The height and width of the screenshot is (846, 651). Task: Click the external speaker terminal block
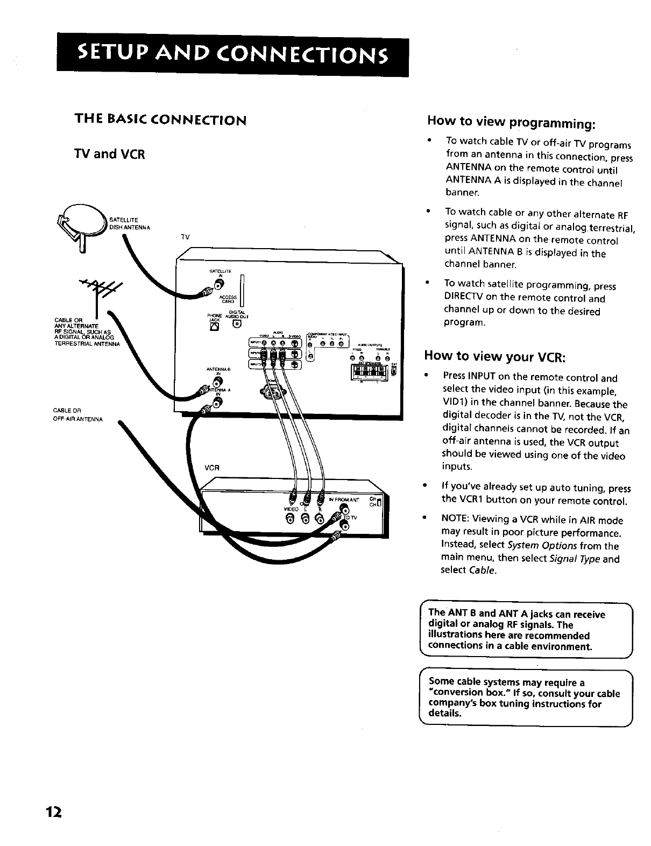[372, 373]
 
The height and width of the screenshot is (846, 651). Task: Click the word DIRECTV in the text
[464, 298]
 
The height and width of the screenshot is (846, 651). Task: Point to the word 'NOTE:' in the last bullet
[456, 520]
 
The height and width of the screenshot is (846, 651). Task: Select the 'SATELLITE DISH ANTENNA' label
[130, 223]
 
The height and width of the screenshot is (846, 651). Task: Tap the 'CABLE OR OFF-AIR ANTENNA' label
[78, 414]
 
